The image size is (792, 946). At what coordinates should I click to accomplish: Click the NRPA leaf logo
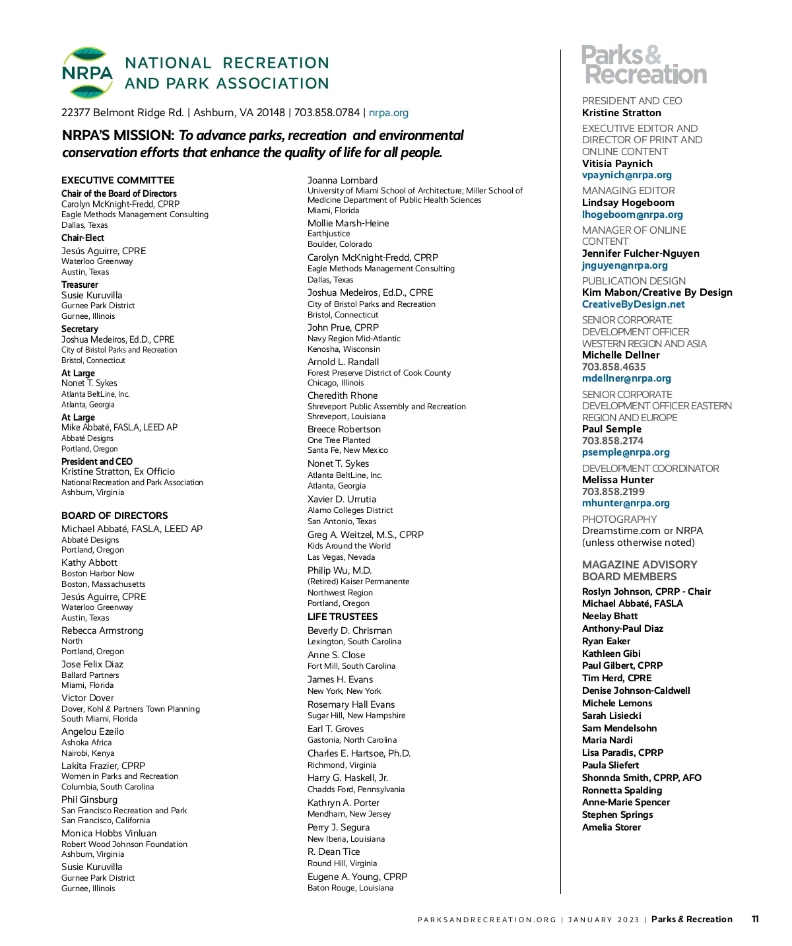point(87,73)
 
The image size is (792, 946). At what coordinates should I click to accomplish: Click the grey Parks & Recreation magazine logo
point(643,65)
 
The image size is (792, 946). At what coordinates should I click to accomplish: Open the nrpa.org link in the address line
point(389,113)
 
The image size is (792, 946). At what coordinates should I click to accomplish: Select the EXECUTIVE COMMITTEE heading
point(118,180)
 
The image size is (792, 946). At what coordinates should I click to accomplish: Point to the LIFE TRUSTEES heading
point(343,617)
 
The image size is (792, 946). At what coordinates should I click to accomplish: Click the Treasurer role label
point(80,285)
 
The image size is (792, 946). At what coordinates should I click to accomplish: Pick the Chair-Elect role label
point(83,238)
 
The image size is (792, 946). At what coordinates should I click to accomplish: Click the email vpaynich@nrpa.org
point(626,176)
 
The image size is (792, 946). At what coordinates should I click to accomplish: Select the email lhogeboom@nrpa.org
point(632,215)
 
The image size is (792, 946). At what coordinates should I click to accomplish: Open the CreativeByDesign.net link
point(633,304)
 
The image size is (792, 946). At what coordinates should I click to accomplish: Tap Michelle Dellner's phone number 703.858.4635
point(614,367)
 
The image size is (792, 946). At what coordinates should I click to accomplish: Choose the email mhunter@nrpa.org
point(626,503)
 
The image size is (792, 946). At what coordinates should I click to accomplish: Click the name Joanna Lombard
point(343,180)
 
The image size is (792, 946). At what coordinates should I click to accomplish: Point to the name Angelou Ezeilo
point(93,731)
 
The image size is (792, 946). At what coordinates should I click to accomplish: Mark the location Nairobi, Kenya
point(88,753)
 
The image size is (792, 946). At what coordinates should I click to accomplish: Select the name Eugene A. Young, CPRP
point(357,877)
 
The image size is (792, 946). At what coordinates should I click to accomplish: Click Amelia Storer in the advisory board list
point(611,827)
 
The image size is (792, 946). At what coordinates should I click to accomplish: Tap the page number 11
point(755,919)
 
